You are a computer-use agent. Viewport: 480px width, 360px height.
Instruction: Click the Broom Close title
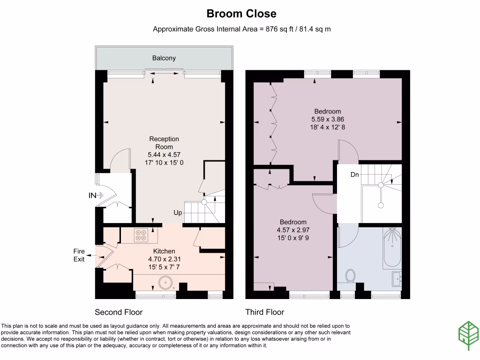[241, 14]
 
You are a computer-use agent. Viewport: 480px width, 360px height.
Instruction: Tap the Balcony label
[164, 58]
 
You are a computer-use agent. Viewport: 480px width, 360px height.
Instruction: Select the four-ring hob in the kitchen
[141, 235]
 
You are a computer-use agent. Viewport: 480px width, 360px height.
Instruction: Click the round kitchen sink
[165, 283]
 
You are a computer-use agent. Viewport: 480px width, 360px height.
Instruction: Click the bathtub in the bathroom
[392, 247]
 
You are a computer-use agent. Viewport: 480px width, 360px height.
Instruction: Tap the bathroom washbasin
[397, 279]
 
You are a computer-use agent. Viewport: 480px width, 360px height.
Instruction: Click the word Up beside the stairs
[178, 212]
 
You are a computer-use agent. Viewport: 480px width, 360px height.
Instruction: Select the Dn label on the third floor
[354, 174]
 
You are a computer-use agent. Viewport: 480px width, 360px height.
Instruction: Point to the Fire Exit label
[79, 255]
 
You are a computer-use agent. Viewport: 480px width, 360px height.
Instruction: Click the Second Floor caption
[119, 312]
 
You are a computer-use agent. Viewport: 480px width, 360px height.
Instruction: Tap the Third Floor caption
[265, 312]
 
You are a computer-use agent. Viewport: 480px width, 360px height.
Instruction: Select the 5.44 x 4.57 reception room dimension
[164, 155]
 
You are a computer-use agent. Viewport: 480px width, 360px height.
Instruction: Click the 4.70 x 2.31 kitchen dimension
[164, 259]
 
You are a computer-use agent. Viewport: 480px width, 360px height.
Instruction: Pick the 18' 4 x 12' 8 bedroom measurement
[328, 127]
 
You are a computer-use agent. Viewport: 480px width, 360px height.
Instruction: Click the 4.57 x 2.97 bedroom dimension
[293, 230]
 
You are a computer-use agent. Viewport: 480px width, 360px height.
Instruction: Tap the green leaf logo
[469, 335]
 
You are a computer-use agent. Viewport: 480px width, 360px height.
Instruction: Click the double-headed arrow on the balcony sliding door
[165, 74]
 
